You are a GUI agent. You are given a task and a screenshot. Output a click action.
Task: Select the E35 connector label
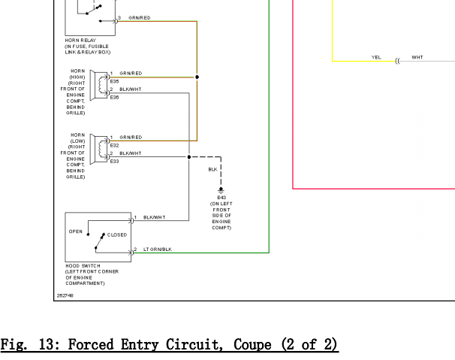click(114, 81)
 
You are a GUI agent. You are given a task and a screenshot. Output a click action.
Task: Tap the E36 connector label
click(114, 97)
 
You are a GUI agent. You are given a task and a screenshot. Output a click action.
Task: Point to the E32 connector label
click(114, 145)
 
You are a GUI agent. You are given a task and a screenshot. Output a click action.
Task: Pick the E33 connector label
click(114, 161)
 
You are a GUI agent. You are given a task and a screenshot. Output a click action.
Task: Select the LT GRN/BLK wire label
click(158, 249)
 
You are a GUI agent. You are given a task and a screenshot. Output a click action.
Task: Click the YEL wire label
click(376, 57)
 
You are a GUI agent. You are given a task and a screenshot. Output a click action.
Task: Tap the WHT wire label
click(417, 57)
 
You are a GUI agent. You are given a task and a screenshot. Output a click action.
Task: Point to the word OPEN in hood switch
click(76, 231)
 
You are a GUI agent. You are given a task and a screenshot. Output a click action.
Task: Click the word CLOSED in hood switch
click(117, 235)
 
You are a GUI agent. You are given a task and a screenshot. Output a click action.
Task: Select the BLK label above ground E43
click(212, 170)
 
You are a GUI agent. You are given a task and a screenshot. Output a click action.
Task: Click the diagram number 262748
click(66, 295)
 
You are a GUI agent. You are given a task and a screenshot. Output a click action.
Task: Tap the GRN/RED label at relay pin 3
click(140, 17)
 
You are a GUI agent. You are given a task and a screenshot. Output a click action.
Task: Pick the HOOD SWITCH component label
click(83, 265)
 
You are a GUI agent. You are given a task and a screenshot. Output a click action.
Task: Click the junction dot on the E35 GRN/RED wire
click(197, 77)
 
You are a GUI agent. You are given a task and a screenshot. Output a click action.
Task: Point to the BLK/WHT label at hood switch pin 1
click(154, 217)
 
